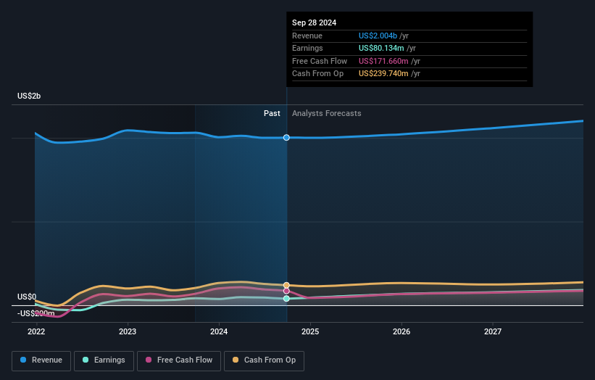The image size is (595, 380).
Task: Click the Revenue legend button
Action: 42,360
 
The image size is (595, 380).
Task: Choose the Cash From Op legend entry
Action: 264,360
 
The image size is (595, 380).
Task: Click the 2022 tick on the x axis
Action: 36,331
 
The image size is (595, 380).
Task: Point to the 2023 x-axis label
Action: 128,331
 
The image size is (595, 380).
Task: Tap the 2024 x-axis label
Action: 219,331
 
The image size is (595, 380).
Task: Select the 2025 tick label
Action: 310,331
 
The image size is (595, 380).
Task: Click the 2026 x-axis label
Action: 401,331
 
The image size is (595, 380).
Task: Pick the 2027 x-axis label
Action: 493,331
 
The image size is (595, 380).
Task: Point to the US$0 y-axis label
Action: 27,297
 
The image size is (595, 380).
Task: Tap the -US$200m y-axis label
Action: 36,313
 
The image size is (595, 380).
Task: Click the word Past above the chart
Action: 272,113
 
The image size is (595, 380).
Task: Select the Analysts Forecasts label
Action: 326,113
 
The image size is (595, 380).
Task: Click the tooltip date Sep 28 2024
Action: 314,22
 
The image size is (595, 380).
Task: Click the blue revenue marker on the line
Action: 287,137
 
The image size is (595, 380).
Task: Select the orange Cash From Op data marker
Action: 287,285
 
